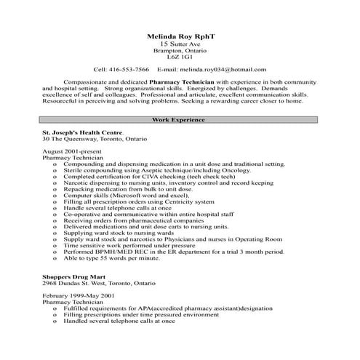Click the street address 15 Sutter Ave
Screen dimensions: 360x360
click(179, 43)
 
